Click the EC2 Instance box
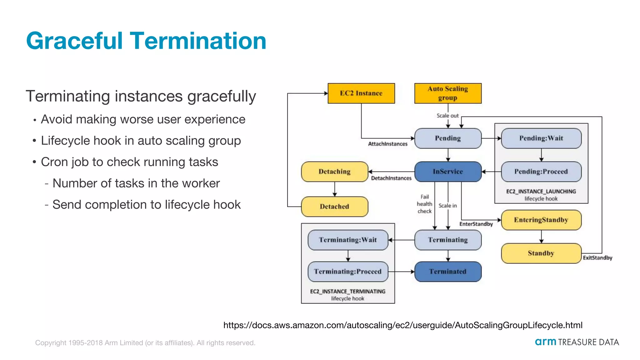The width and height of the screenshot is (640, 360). pos(361,93)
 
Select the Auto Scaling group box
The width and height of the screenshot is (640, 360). pos(447,93)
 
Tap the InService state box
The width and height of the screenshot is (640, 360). pos(447,172)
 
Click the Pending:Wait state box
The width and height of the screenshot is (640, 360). pos(541,138)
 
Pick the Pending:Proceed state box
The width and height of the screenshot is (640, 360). pos(541,172)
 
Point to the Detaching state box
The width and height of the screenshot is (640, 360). pos(334,172)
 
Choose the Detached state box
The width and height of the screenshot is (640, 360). pos(334,207)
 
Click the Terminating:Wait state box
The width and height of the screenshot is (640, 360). pos(347,240)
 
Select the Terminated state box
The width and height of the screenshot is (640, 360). pos(447,272)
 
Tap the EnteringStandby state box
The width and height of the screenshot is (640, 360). pos(541,220)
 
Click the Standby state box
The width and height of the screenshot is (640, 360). pos(541,253)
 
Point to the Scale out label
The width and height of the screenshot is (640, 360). pos(447,116)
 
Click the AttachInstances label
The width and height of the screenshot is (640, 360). pos(387,144)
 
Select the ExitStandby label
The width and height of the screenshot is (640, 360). pos(597,258)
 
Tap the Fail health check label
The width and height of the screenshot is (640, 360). pos(424,204)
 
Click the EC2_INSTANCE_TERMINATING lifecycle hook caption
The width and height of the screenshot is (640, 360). pos(347,295)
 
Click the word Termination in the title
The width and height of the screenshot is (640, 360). pos(198,41)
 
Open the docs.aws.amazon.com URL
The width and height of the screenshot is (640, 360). pos(402,325)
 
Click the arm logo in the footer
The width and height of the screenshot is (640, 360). pos(545,342)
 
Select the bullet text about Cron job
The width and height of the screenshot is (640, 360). pos(129,162)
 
